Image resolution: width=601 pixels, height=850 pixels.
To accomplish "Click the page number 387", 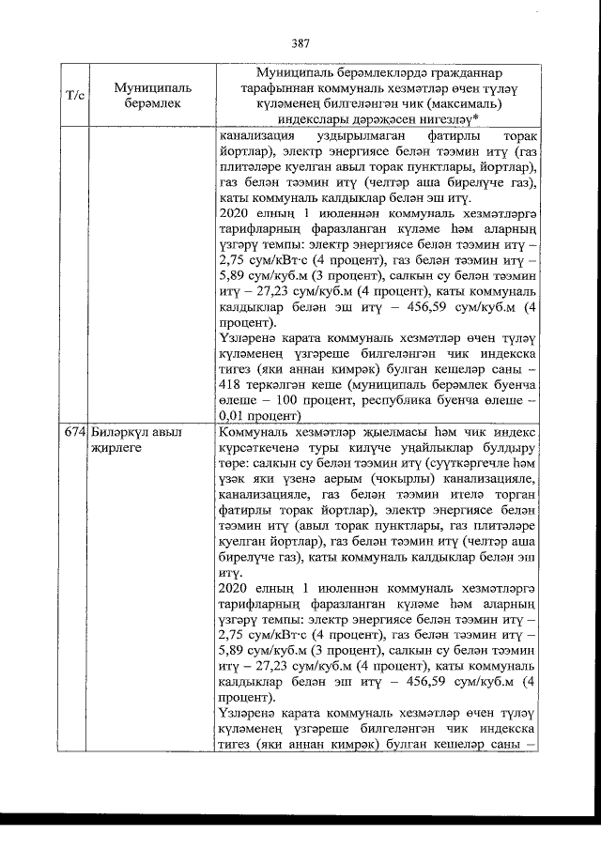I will (x=300, y=43).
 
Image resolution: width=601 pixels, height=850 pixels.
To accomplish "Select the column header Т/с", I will (x=75, y=96).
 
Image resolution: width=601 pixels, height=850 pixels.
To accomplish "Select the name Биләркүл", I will (x=120, y=433).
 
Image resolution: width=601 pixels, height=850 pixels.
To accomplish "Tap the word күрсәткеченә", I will (x=261, y=448).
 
